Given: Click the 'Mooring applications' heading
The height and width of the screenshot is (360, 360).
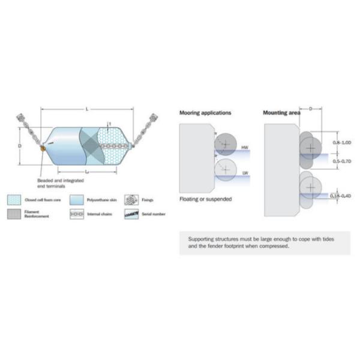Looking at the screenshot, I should tap(205, 112).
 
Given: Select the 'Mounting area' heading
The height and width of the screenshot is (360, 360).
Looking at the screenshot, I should tap(282, 112).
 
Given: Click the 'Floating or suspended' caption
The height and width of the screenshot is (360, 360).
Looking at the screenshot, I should tap(205, 199).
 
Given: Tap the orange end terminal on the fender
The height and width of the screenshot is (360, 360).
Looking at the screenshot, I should tap(43, 146).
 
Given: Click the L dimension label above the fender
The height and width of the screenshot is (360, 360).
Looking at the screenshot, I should tap(87, 109).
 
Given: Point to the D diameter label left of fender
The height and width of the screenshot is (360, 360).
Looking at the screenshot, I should tap(20, 146).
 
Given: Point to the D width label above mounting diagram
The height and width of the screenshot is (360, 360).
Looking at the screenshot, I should tap(310, 109).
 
